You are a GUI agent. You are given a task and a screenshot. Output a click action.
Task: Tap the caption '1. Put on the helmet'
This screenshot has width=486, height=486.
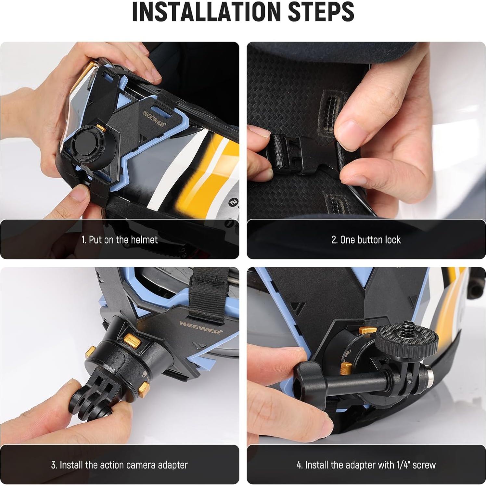click(119, 240)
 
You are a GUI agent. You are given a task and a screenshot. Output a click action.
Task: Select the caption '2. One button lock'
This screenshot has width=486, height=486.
click(366, 240)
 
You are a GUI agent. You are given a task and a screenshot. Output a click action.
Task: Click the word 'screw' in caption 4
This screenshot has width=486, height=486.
click(424, 465)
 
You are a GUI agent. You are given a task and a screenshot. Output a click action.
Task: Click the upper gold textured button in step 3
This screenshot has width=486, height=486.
click(132, 339)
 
